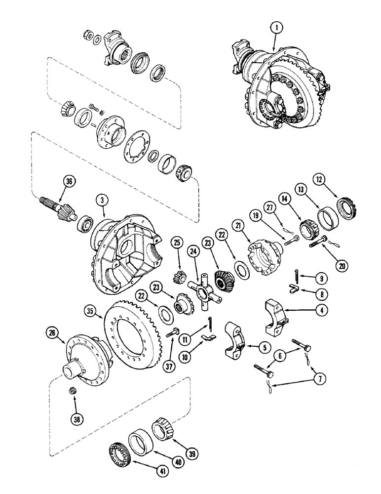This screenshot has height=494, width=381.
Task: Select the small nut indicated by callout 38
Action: tap(72, 391)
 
